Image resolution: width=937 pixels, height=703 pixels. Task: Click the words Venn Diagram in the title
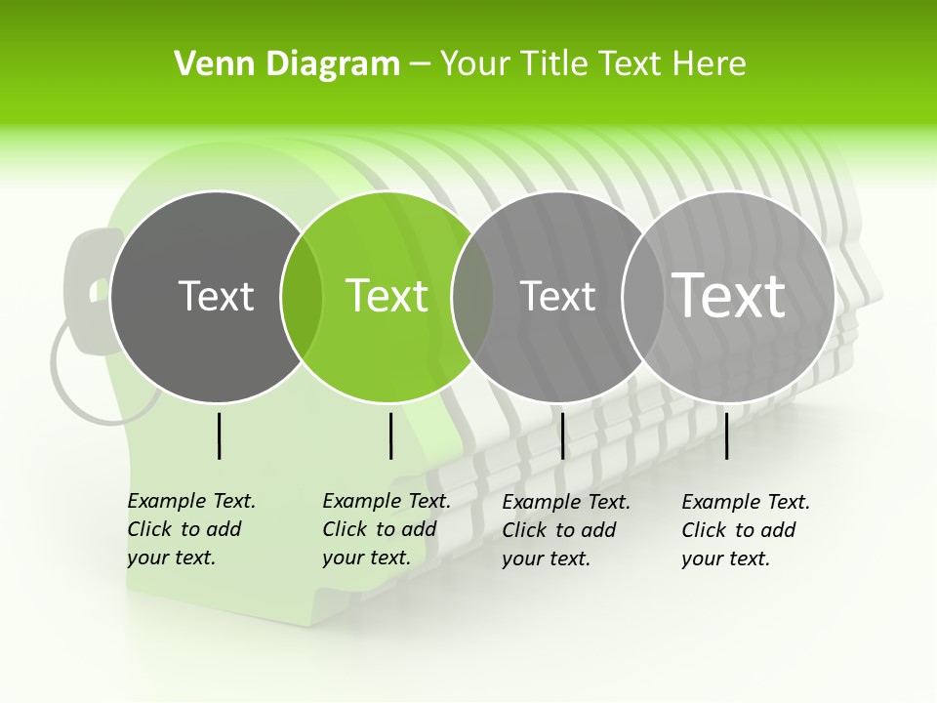287,64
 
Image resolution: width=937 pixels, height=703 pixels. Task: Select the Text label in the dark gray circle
216,296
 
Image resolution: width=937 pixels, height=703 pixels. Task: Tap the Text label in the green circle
387,296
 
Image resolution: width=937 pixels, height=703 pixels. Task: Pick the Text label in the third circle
557,296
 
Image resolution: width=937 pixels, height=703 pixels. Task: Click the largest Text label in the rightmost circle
728,295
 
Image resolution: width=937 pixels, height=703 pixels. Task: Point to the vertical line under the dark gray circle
220,435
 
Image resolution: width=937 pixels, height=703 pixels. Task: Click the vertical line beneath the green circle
390,435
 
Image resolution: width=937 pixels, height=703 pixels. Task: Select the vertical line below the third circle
562,435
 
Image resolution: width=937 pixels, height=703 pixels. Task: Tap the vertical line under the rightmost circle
727,435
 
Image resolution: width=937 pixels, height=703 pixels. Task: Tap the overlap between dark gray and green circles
302,297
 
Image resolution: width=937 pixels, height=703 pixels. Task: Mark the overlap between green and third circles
472,297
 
